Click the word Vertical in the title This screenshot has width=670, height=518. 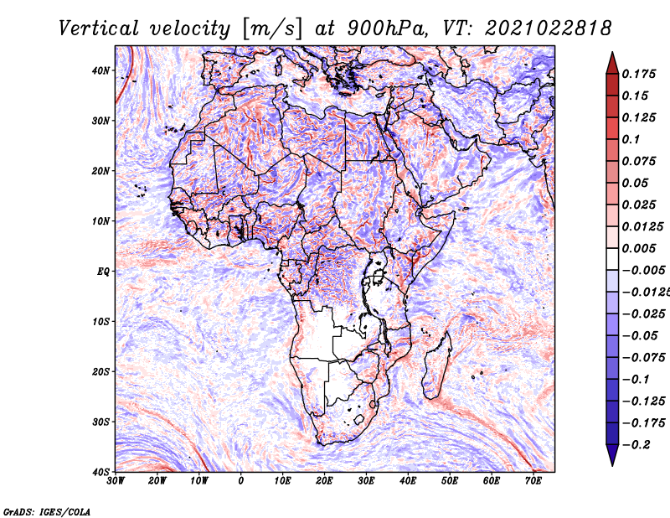coord(98,28)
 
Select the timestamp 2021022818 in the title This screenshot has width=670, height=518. coord(549,28)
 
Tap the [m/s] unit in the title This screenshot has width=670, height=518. coord(273,28)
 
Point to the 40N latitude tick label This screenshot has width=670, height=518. coord(100,70)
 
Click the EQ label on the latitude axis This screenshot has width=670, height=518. coord(103,272)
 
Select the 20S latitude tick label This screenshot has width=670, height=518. coord(100,371)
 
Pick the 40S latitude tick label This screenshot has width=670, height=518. coord(100,472)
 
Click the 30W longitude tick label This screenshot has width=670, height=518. coord(116,481)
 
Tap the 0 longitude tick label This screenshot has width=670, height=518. coord(241,481)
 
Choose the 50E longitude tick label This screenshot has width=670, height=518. coord(450,481)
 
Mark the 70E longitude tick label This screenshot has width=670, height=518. coord(533,481)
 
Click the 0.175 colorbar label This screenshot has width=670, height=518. coord(638,74)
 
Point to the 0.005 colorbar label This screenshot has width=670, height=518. coord(638,248)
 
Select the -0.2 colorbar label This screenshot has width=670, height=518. coord(636,445)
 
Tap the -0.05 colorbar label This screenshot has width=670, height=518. coord(641,336)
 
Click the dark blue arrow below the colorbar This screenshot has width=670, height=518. coord(612,455)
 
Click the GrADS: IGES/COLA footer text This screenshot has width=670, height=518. coord(47,511)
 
